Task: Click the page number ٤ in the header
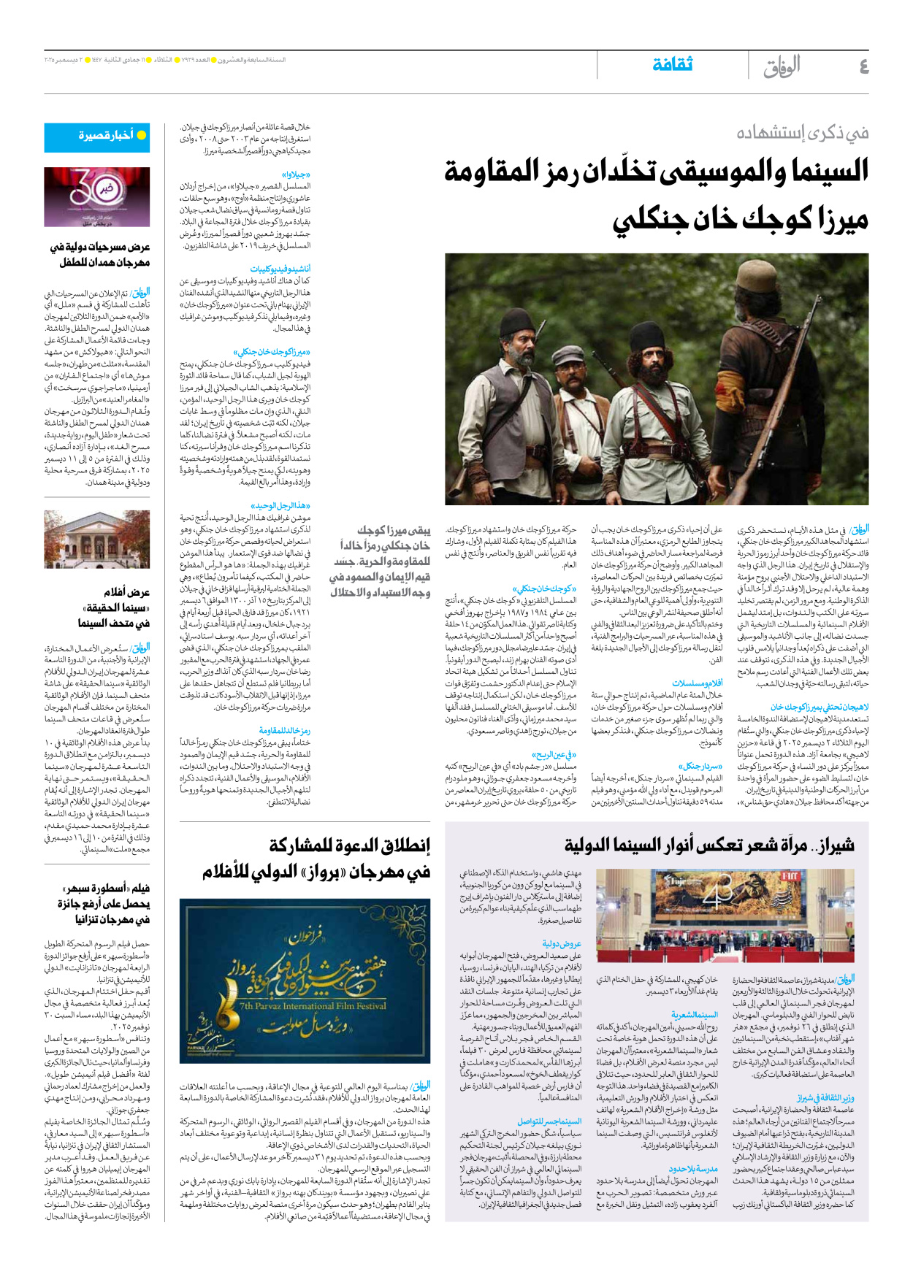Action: [863, 67]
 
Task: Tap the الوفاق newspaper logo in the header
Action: [782, 66]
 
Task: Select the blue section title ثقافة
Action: [672, 65]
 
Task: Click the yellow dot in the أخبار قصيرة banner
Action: [142, 135]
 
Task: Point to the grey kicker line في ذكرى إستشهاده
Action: [802, 133]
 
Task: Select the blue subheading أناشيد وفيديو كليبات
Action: [280, 269]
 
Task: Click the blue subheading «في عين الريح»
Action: [554, 755]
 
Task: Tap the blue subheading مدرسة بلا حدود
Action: [693, 1168]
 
